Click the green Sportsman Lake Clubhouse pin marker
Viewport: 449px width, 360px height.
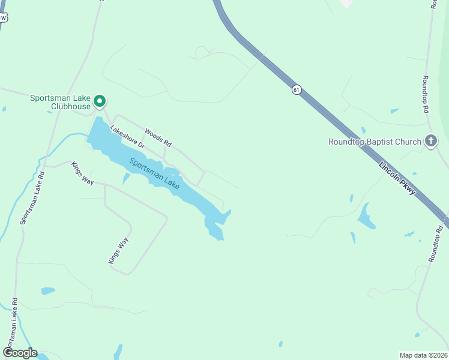100,101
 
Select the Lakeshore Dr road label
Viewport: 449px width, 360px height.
128,137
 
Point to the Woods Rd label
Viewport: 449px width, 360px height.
158,138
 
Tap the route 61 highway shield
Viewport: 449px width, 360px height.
297,89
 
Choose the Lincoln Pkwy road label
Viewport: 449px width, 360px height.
397,178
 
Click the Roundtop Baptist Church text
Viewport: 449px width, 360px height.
375,142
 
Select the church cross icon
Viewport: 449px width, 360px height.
430,141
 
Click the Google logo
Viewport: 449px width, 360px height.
19,352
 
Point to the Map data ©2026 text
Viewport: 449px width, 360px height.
423,355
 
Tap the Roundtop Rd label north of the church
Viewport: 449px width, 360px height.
425,94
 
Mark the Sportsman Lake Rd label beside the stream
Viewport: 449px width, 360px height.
32,199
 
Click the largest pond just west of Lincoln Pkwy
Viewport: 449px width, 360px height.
366,217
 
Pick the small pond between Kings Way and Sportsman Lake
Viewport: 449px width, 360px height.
126,178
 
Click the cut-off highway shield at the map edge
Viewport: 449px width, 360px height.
3,17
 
